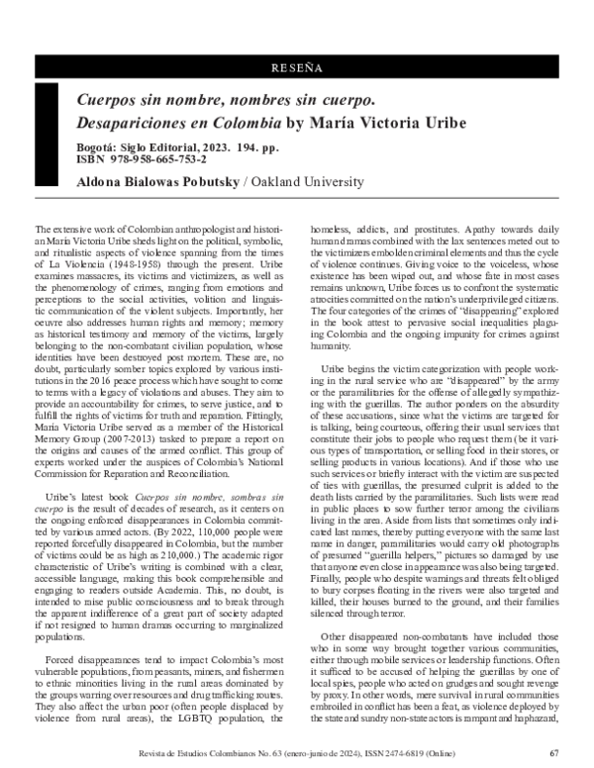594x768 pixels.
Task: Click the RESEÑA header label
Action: click(297, 69)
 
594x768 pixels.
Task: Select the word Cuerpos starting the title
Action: click(110, 101)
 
